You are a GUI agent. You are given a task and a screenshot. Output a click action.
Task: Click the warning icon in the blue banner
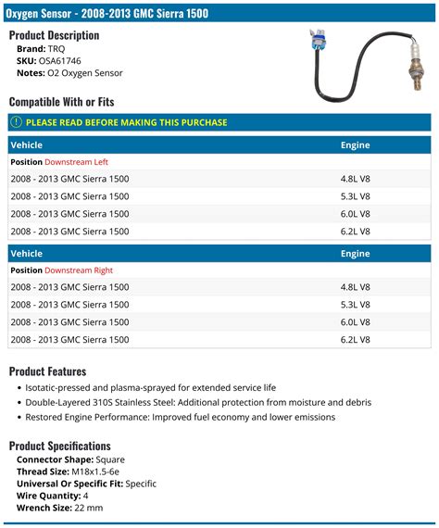tap(17, 122)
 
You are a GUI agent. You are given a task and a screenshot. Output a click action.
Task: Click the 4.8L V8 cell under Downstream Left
tap(356, 179)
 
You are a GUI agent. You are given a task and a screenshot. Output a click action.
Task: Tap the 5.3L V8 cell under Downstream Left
tap(356, 196)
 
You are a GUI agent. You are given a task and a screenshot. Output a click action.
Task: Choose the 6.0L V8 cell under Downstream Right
tap(356, 321)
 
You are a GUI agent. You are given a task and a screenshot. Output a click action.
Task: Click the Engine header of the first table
tap(355, 145)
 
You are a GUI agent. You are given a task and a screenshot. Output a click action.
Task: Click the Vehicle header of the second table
tap(26, 253)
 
